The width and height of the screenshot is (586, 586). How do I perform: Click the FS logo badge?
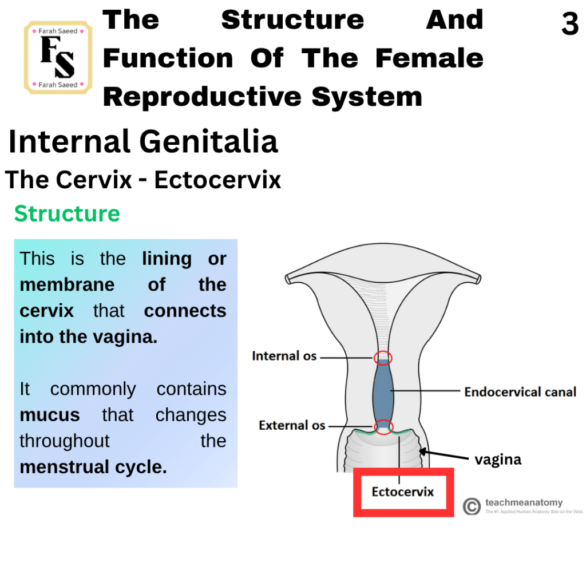58,58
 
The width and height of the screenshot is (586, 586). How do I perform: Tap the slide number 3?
570,24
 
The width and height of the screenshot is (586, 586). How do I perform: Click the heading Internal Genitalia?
143,141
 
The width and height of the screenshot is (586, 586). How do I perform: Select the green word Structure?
68,214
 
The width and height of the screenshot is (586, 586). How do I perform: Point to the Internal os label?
284,356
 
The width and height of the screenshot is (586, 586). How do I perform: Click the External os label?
292,425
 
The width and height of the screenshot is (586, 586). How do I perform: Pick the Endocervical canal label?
520,391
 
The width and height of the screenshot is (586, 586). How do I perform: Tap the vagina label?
498,460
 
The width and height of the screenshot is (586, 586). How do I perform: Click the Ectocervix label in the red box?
402,492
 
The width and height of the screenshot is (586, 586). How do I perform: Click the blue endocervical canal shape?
383,391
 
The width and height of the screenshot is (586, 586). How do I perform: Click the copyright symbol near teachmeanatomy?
472,506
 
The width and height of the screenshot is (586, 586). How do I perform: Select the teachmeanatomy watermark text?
524,502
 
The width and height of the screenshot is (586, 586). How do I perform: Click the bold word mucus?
50,415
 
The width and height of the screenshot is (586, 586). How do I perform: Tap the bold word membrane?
67,285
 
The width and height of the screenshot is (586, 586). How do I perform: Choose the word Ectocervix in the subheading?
217,180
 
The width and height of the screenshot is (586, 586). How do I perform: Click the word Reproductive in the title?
202,97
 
